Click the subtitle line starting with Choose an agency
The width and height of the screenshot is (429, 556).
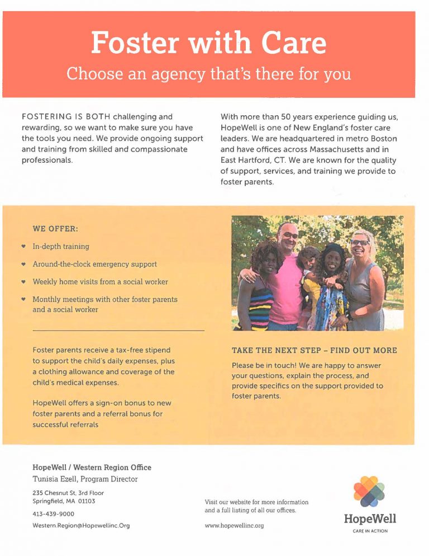[208, 73]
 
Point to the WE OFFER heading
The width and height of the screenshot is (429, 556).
[55, 229]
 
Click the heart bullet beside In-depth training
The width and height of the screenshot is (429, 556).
[22, 246]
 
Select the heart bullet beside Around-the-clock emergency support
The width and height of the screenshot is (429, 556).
[22, 264]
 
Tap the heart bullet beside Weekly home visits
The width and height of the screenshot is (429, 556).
[22, 282]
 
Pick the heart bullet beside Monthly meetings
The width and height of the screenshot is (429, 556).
[22, 299]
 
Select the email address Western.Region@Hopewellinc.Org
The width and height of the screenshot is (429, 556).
[81, 526]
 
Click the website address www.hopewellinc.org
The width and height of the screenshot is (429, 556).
[234, 526]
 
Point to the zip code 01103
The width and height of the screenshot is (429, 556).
[88, 501]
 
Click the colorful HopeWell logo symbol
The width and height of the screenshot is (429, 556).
[369, 491]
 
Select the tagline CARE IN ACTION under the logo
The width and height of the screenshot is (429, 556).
[370, 531]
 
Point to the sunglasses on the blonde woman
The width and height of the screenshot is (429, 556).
[359, 242]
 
